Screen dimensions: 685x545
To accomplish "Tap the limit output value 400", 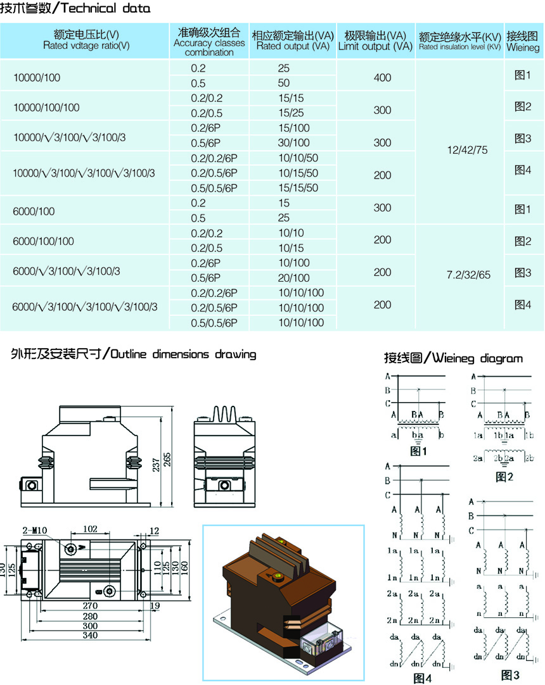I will pos(383,78).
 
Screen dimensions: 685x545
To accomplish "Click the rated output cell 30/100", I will pos(293,143).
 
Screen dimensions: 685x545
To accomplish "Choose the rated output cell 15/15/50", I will pos(298,188).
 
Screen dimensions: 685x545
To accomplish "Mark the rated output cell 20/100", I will pos(293,278).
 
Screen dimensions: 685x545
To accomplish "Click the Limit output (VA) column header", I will pos(375,41).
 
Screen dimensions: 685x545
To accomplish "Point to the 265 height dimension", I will pos(168,460).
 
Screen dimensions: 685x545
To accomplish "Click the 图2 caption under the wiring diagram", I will pos(503,476).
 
